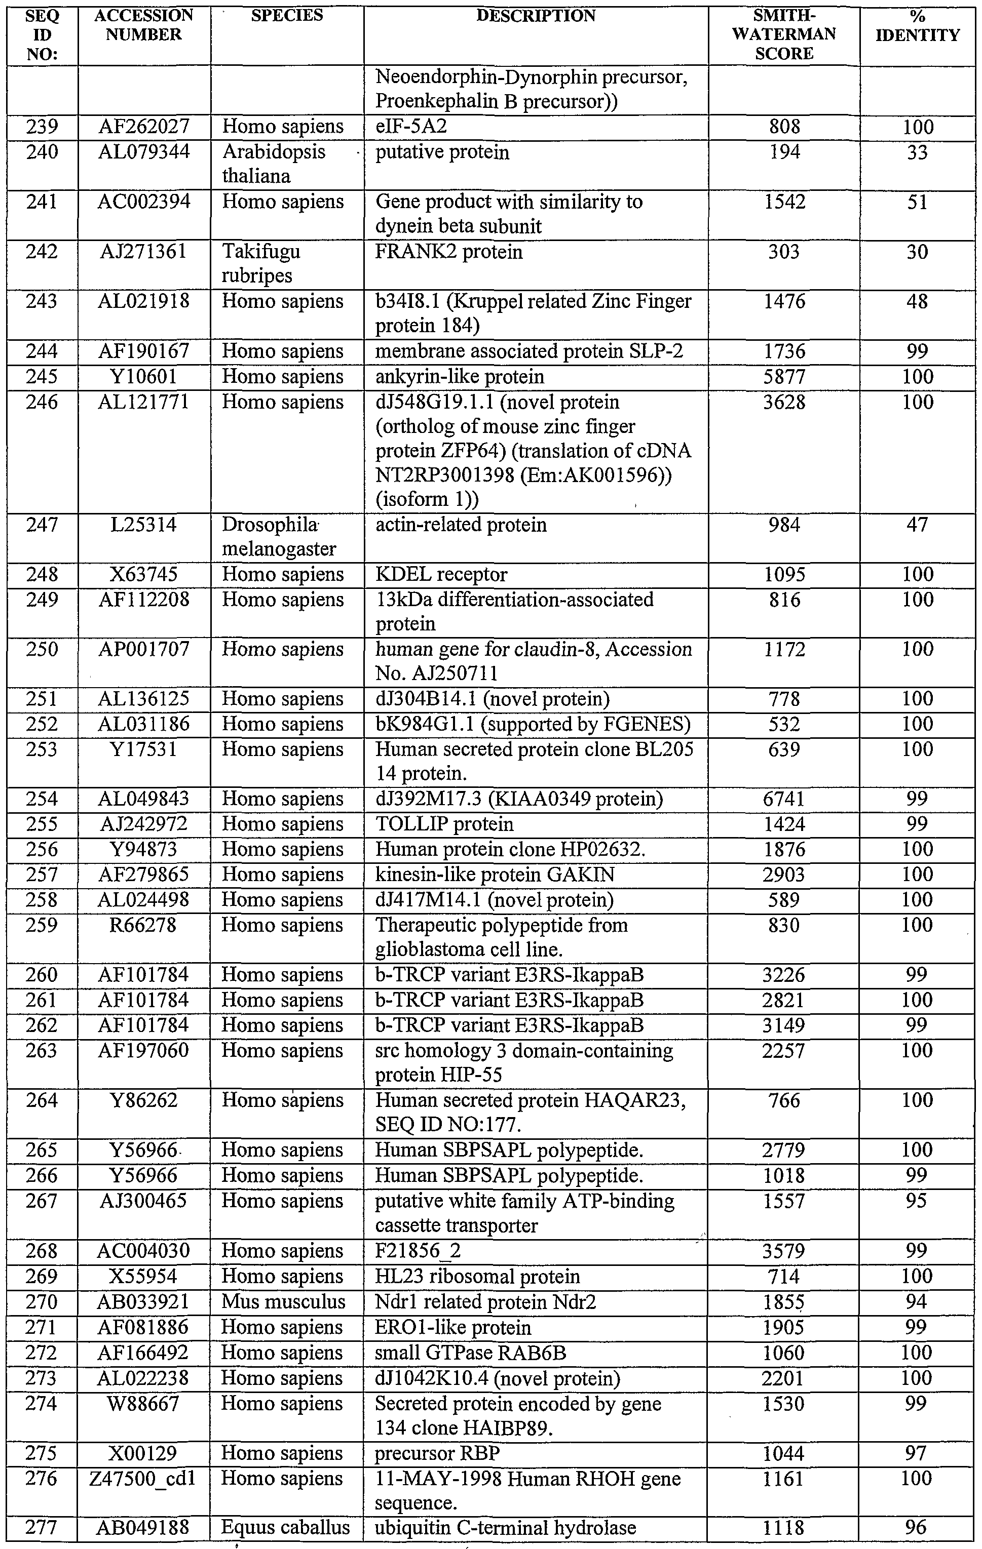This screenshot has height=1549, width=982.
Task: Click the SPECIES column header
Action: pyautogui.click(x=286, y=16)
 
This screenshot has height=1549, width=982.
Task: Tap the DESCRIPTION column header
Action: pyautogui.click(x=536, y=16)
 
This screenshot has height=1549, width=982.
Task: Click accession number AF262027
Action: pyautogui.click(x=144, y=127)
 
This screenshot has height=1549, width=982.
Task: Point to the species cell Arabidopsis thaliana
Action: pyautogui.click(x=274, y=164)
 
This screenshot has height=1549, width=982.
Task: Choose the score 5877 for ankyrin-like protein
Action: pyautogui.click(x=784, y=376)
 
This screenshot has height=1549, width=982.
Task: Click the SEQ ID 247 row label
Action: pyautogui.click(x=42, y=525)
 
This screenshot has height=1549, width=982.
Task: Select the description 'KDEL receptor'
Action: pyautogui.click(x=441, y=574)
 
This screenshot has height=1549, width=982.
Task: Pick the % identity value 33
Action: pyautogui.click(x=917, y=152)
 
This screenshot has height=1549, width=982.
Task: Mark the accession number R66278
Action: pyautogui.click(x=143, y=925)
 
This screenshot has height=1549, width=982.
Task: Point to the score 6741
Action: pyautogui.click(x=784, y=799)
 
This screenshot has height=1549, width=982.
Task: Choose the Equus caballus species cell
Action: pyautogui.click(x=285, y=1528)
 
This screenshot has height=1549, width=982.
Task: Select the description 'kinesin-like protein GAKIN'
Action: pyautogui.click(x=494, y=875)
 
